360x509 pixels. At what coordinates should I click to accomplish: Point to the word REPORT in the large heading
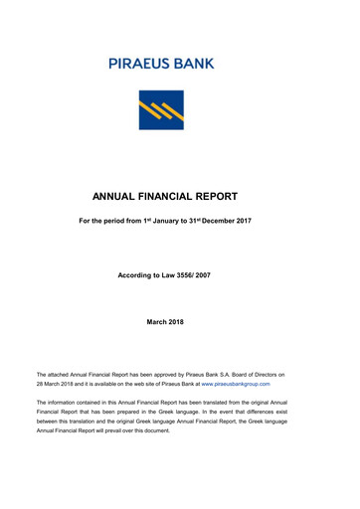click(x=243, y=197)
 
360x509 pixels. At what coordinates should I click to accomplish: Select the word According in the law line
click(x=137, y=274)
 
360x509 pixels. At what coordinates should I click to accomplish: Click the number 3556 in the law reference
click(x=202, y=274)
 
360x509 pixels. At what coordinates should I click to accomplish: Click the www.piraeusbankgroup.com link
click(x=236, y=383)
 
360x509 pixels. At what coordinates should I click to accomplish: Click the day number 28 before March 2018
click(x=41, y=383)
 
